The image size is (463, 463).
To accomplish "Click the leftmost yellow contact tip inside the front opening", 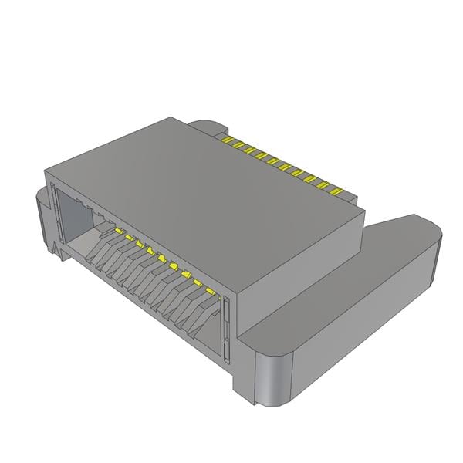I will pos(118,230).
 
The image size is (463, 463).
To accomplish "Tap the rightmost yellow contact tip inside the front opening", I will pos(220,296).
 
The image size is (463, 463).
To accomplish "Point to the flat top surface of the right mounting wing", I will pos(347,286).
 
